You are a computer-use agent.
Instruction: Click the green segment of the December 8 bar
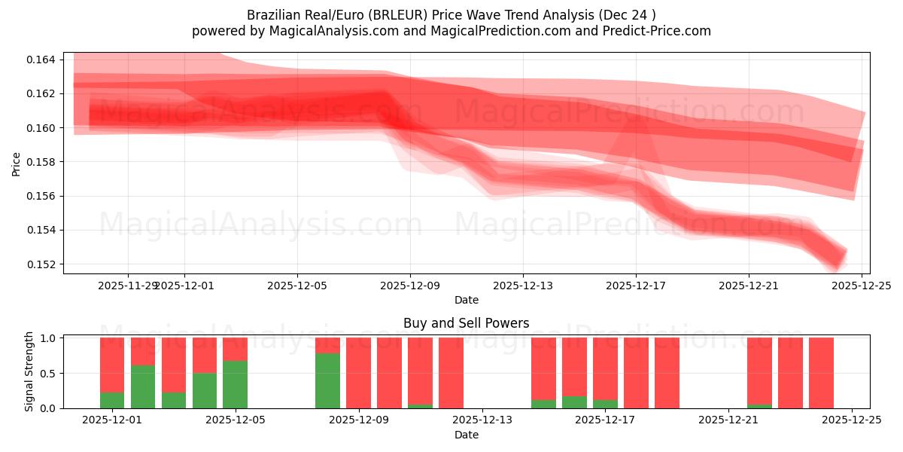coord(327,380)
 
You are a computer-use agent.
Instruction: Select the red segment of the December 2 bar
coord(143,351)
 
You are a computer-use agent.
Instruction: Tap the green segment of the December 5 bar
coord(235,384)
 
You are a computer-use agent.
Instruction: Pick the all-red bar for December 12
coord(451,373)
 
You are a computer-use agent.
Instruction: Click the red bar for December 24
coord(821,373)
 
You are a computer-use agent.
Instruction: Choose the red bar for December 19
coord(667,373)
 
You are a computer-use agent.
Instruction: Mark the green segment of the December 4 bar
coord(204,390)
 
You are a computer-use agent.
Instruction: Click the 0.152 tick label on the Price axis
coord(45,264)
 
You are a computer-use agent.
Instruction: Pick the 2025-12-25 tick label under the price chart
coord(862,286)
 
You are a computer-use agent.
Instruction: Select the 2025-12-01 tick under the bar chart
coord(112,420)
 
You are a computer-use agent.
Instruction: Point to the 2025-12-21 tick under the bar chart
coord(728,420)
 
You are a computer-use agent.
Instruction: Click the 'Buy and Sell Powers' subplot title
coord(466,323)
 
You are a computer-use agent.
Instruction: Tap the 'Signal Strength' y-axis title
coord(29,371)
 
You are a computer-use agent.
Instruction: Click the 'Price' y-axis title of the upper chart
coord(17,163)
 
